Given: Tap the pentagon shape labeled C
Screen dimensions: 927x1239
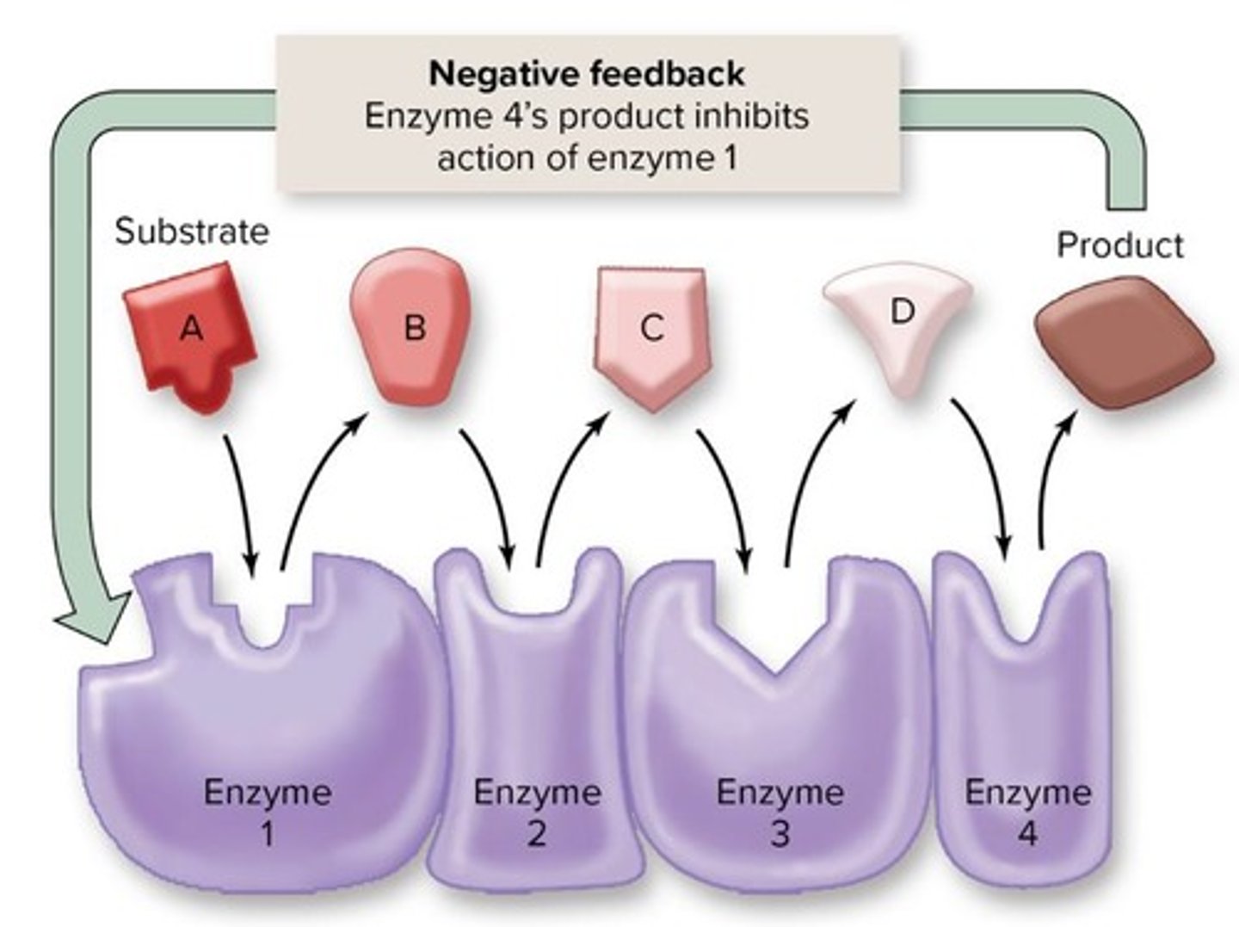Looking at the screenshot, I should click(x=651, y=336).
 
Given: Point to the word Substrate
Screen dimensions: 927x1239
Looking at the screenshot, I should click(x=191, y=232).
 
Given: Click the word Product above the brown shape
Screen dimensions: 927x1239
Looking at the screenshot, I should click(x=1119, y=245).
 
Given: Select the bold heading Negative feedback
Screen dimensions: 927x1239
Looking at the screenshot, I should click(x=586, y=73).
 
